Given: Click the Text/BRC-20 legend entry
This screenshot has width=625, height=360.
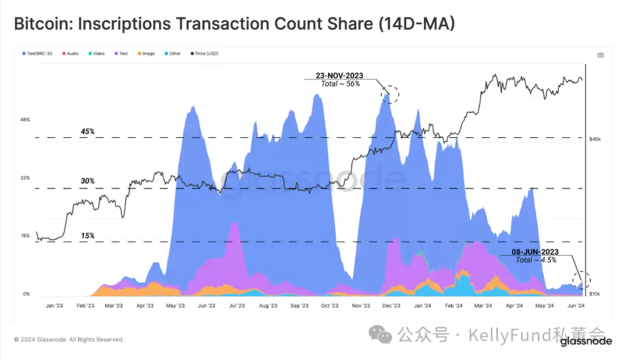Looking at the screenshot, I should tap(40, 54).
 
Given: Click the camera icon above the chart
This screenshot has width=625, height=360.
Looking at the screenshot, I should tap(601, 55).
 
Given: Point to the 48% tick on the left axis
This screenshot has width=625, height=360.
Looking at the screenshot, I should tap(25, 120).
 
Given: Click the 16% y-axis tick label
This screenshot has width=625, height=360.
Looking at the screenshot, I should tap(25, 236).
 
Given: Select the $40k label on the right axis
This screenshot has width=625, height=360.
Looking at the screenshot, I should tap(595, 139).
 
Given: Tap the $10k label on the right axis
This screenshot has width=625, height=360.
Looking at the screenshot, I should tap(595, 295).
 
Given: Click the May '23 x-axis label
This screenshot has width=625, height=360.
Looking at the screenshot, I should tap(175, 306).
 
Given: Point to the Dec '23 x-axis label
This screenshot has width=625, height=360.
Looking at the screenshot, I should tap(392, 306).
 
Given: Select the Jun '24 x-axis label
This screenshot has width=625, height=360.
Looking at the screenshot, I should tap(575, 306).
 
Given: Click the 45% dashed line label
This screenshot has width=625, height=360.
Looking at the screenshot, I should tap(87, 131).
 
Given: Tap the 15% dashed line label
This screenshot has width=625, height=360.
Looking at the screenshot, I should tap(87, 236).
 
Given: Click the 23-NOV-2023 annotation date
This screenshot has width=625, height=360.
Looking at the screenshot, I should tap(340, 75).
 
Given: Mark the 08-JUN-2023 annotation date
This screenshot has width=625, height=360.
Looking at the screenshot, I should tap(535, 252).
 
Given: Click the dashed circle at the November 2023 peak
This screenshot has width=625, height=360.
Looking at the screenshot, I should tap(390, 93).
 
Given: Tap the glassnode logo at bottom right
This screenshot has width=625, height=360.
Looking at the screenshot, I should tap(586, 341).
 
